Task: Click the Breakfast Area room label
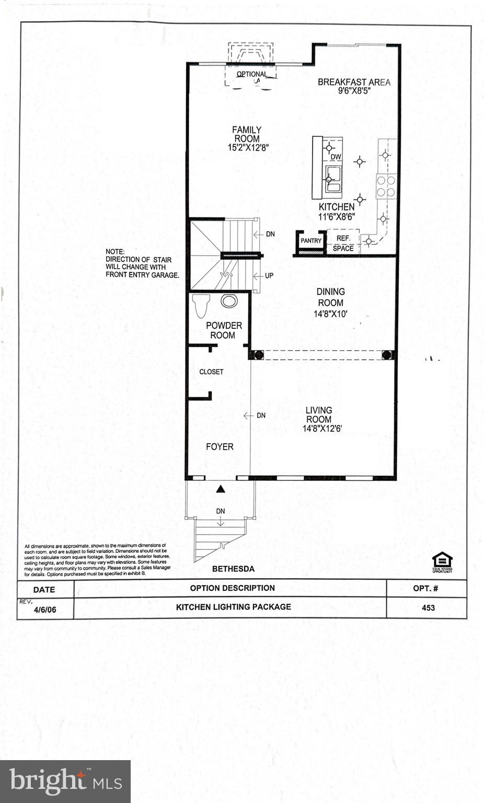tap(354, 82)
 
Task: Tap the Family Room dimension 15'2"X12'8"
tap(248, 148)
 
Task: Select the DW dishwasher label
tap(336, 157)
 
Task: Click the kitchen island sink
tap(333, 179)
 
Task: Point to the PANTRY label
tap(311, 241)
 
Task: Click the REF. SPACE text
tap(343, 243)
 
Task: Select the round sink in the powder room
tap(229, 301)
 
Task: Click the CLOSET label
tap(211, 372)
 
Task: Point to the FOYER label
tap(220, 447)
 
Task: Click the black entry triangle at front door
tap(221, 489)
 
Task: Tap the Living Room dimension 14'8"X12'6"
tap(322, 429)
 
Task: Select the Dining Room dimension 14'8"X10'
tap(330, 314)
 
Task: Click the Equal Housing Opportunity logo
tap(442, 563)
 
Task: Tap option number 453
tap(428, 607)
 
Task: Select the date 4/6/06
tap(44, 609)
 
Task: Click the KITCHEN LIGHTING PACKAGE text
tap(233, 607)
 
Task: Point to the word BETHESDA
tap(233, 569)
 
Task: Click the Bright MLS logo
tap(65, 781)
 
